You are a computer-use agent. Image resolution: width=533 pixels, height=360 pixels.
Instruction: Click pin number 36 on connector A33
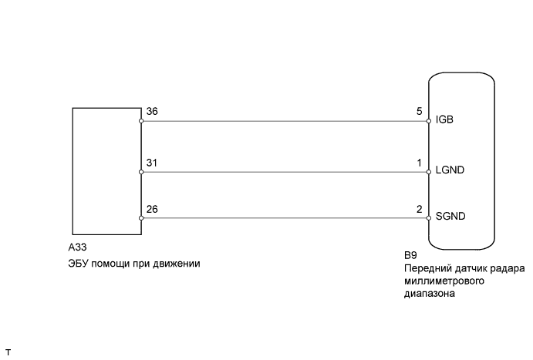153,111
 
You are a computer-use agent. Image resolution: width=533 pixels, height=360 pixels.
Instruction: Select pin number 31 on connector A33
152,163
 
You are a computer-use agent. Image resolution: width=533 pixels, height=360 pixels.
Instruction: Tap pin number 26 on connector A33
153,209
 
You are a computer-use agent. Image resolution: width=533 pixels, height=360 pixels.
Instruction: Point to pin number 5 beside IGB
419,111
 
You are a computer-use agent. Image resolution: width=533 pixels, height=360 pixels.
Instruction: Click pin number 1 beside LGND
419,163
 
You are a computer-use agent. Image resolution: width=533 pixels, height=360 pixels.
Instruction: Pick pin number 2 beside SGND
419,209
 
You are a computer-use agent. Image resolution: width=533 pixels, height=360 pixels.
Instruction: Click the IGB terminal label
445,121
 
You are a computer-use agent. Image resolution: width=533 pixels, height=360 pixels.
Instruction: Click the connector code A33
78,249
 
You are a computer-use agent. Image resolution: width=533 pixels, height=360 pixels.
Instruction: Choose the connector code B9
410,255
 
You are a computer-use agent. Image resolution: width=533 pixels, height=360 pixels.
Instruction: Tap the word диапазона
429,293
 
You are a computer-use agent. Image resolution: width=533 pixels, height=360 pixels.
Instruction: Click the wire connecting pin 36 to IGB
285,121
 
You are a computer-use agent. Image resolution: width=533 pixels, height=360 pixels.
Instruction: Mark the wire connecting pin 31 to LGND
285,172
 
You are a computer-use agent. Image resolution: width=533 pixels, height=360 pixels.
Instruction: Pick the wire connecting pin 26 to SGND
285,218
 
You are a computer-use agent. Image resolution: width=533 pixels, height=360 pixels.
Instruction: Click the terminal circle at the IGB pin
429,121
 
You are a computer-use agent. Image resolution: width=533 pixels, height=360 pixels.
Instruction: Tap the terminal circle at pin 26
142,218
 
